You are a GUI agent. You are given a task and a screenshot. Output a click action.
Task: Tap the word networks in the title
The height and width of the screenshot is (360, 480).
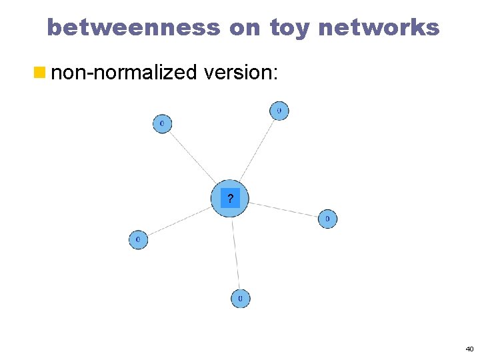point(379,28)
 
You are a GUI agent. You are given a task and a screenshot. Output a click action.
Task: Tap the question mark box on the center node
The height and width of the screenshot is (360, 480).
point(230,198)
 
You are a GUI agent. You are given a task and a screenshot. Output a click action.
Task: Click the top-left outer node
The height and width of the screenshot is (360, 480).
point(162,123)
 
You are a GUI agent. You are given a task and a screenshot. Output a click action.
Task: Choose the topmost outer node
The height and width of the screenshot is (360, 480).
point(279,110)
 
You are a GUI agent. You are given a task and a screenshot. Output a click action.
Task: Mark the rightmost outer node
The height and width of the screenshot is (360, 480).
point(327,219)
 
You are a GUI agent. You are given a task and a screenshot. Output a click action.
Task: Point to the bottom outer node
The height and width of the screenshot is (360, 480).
point(241,297)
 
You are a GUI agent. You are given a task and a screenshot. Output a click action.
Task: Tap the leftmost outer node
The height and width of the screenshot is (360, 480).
point(138,239)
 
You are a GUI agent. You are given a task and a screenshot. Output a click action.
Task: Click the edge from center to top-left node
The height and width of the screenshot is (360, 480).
point(192,157)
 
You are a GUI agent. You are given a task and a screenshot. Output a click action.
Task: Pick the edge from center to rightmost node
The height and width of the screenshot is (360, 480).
point(283,209)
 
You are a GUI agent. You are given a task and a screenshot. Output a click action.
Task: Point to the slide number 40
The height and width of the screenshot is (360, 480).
point(469,349)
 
